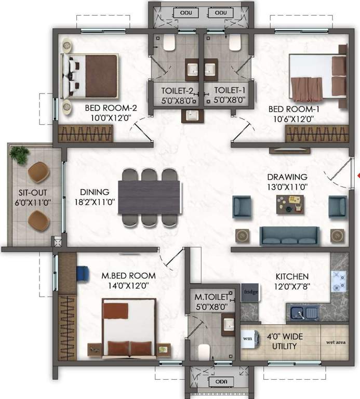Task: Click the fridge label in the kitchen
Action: tap(250, 292)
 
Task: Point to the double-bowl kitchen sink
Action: tap(304, 313)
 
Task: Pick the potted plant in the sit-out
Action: tap(20, 154)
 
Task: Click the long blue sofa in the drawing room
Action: tap(289, 236)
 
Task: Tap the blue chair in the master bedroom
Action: tap(83, 272)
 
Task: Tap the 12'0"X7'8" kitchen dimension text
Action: tap(293, 285)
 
